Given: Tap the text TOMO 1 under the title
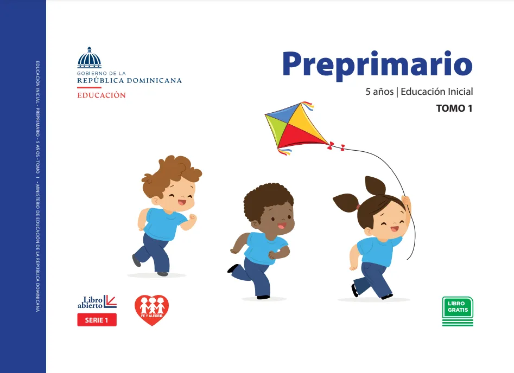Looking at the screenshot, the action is pyautogui.click(x=454, y=108).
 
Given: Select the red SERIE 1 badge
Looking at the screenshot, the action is pyautogui.click(x=97, y=320).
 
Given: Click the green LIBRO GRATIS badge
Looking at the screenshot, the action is pyautogui.click(x=458, y=311).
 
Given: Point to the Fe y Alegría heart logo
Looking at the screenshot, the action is pyautogui.click(x=152, y=310).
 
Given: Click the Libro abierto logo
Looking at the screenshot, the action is pyautogui.click(x=97, y=301).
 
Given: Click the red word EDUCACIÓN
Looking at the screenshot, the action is pyautogui.click(x=101, y=95).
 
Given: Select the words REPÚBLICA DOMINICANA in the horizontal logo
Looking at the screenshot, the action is pyautogui.click(x=130, y=81).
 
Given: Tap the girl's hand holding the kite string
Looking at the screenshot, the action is pyautogui.click(x=407, y=201).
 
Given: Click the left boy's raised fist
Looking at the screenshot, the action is pyautogui.click(x=193, y=217).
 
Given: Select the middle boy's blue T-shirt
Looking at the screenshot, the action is pyautogui.click(x=264, y=248).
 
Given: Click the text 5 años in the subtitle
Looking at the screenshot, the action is pyautogui.click(x=379, y=92).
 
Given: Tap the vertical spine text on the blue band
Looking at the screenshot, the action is pyautogui.click(x=37, y=186).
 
